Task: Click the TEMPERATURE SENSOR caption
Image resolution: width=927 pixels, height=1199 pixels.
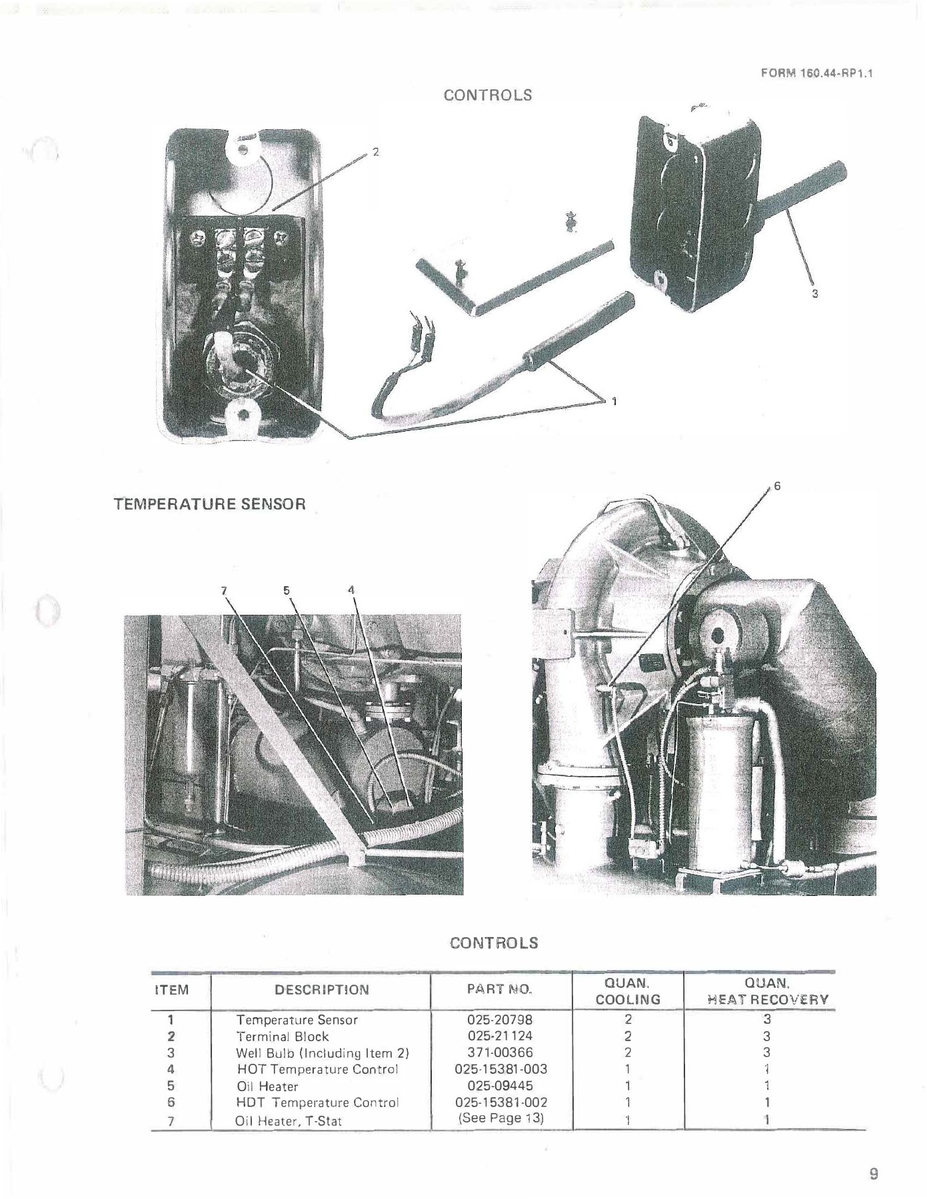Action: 210,504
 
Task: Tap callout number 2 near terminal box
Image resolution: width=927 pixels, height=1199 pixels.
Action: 375,153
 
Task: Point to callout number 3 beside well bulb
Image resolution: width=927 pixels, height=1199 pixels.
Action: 814,293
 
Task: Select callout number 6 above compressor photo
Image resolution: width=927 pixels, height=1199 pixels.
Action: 777,487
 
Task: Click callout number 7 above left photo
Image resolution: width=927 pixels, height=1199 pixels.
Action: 225,590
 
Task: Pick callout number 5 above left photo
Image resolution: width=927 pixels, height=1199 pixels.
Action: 287,590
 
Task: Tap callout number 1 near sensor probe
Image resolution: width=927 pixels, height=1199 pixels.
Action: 614,401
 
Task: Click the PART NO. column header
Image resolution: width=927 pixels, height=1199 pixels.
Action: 500,989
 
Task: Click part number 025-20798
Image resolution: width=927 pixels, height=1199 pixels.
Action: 500,1019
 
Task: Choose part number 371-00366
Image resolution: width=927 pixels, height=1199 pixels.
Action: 500,1052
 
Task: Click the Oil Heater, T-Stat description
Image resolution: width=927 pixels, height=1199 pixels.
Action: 289,1121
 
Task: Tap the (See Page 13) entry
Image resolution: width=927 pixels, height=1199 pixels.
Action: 500,1118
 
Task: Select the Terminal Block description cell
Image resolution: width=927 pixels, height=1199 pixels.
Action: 283,1036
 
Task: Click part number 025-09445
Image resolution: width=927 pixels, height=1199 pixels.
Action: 500,1086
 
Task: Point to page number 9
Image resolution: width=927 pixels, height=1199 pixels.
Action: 874,1174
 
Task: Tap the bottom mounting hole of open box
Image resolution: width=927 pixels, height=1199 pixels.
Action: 243,415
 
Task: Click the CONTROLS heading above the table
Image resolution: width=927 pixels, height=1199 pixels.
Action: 493,943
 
